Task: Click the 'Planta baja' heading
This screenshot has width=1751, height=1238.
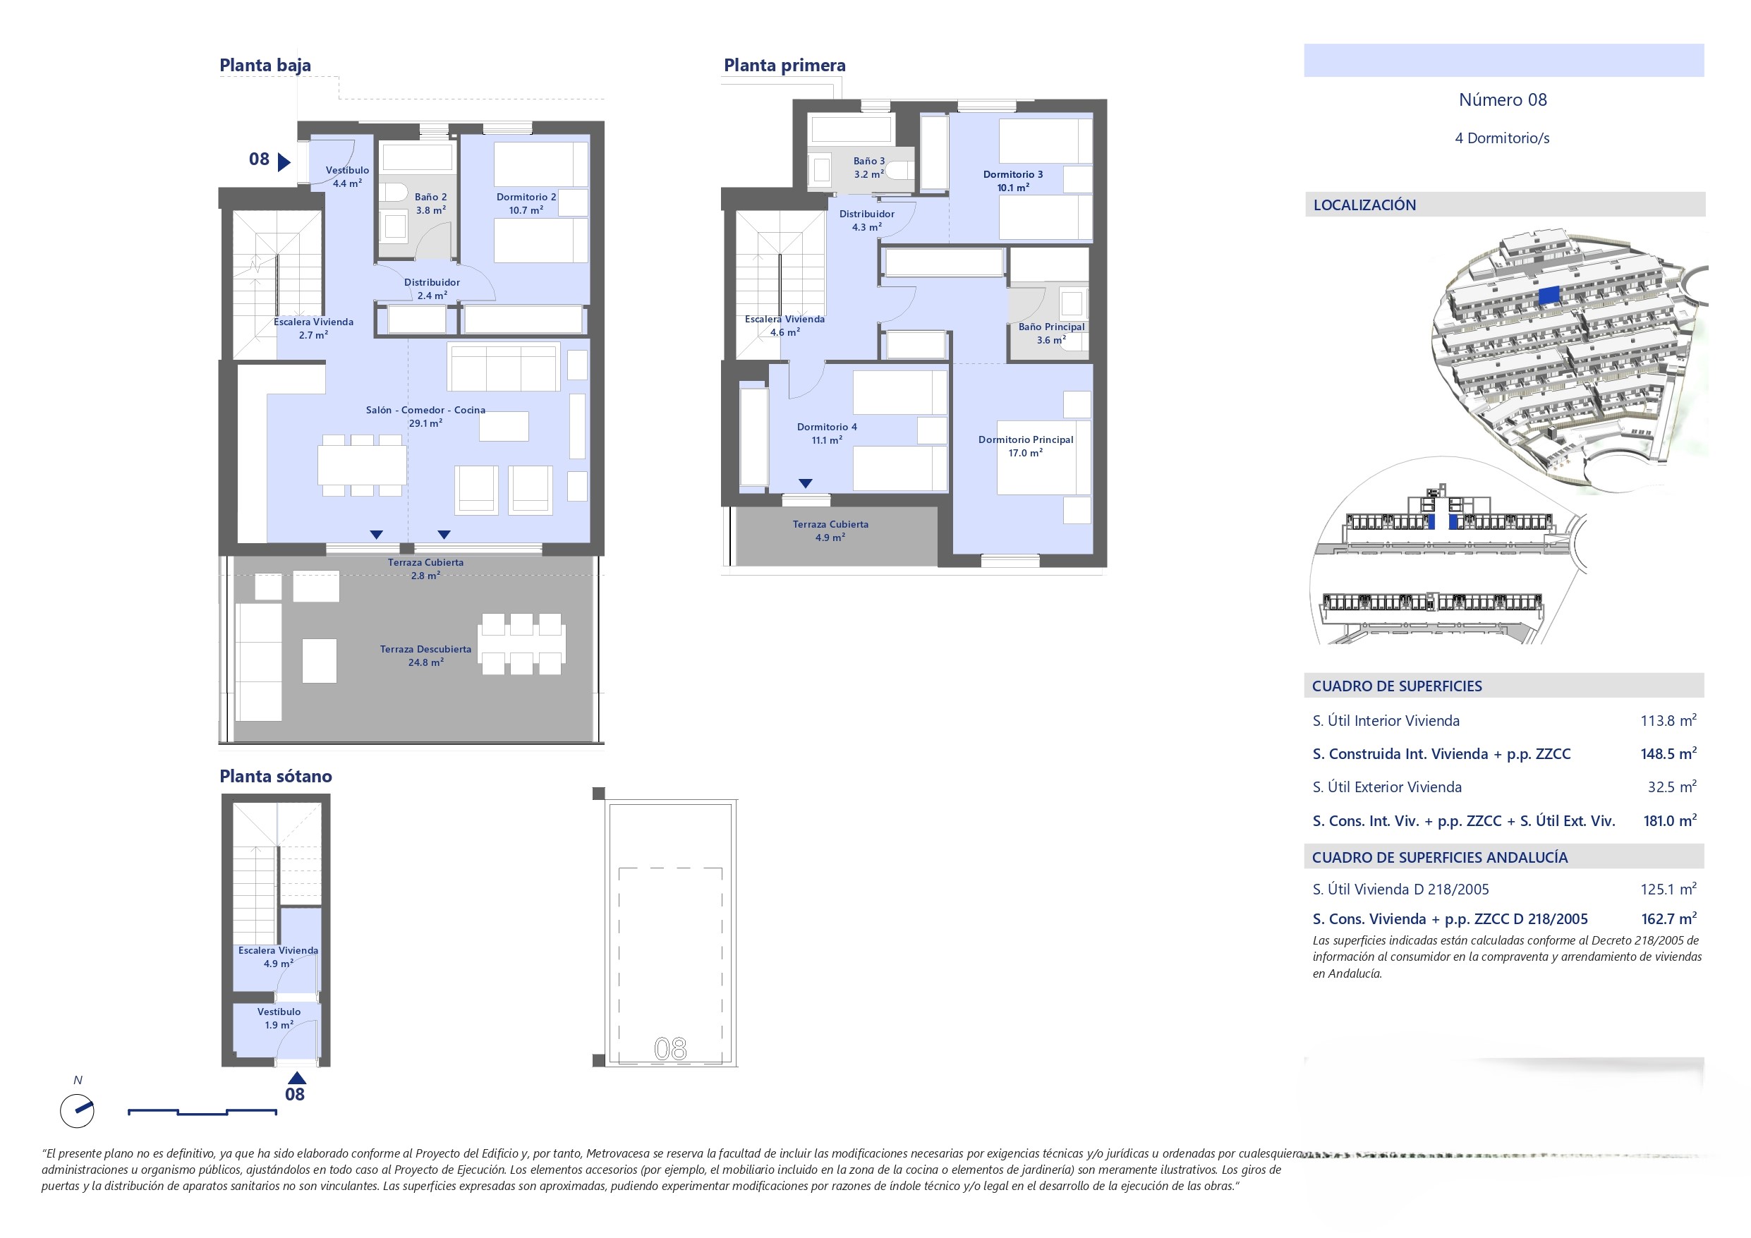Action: coord(265,66)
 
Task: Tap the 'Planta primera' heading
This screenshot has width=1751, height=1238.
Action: coord(784,66)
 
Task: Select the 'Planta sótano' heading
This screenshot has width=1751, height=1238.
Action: coord(275,777)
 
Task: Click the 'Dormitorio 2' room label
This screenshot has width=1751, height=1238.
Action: coord(526,197)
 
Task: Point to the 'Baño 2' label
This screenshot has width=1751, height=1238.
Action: coord(431,197)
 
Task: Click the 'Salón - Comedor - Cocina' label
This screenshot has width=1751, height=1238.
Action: coord(425,410)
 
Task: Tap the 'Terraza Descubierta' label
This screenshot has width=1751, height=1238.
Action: coord(425,649)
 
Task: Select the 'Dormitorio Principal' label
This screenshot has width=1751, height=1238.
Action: coord(1026,439)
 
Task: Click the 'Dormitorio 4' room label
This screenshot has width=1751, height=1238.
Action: coord(827,427)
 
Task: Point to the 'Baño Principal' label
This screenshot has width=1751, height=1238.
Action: coord(1051,327)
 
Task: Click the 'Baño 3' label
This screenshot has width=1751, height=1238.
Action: coord(868,161)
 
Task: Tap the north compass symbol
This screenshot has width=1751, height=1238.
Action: coord(77,1111)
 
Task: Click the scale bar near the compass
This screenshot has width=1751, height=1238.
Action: coord(202,1112)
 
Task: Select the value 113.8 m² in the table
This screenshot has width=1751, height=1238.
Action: coord(1668,721)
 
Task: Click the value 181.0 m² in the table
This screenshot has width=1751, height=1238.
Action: coord(1669,821)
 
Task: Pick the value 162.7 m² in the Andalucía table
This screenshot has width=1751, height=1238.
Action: coord(1668,919)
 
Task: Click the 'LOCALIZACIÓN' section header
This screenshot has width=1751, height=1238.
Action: coord(1364,205)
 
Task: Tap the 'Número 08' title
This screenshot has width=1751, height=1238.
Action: coord(1503,100)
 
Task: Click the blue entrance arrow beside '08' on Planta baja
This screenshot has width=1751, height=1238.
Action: coord(284,162)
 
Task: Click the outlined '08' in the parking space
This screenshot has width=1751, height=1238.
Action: coord(670,1050)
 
